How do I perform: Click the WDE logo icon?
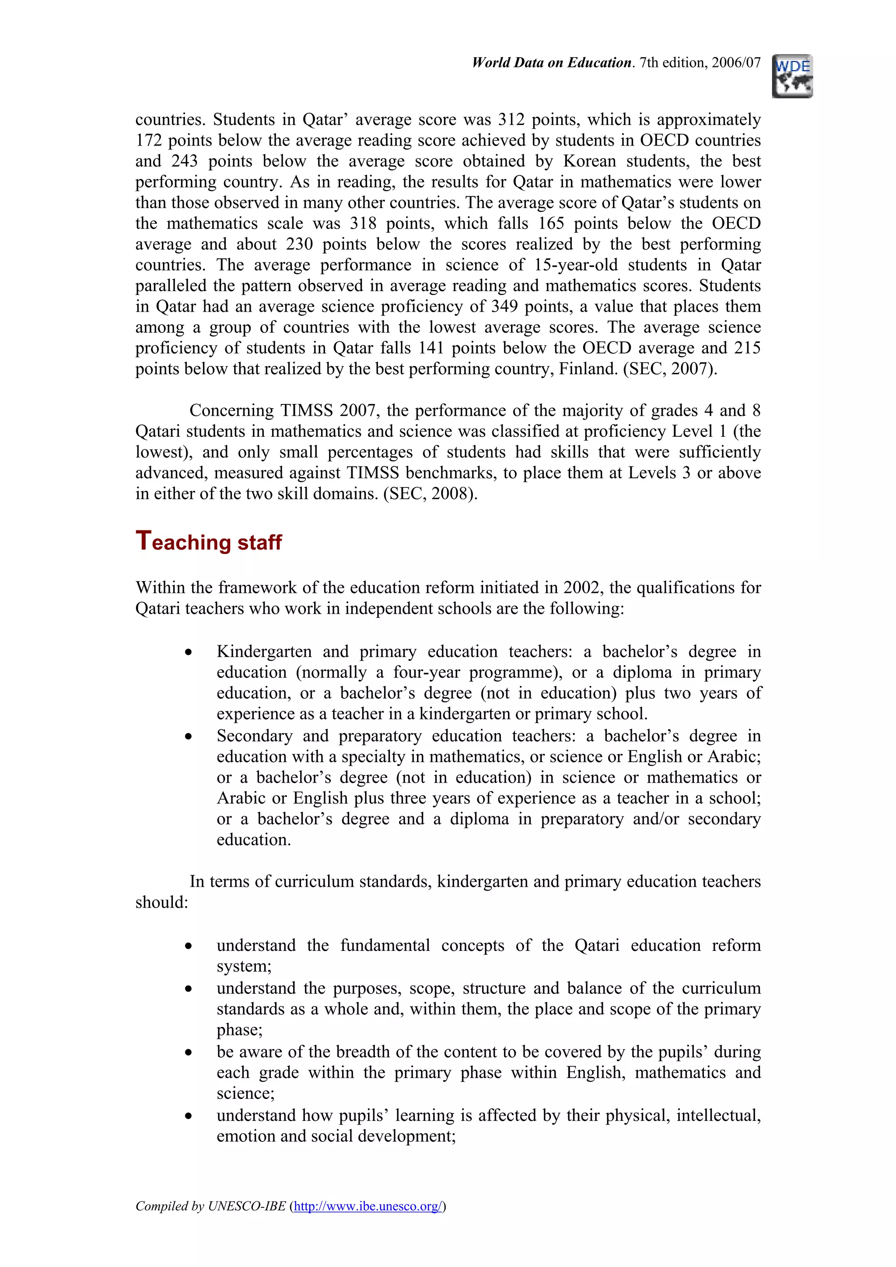click(x=792, y=76)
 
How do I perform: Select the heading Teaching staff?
click(x=209, y=541)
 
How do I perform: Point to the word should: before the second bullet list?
click(x=162, y=902)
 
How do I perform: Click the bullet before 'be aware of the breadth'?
click(x=189, y=1053)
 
